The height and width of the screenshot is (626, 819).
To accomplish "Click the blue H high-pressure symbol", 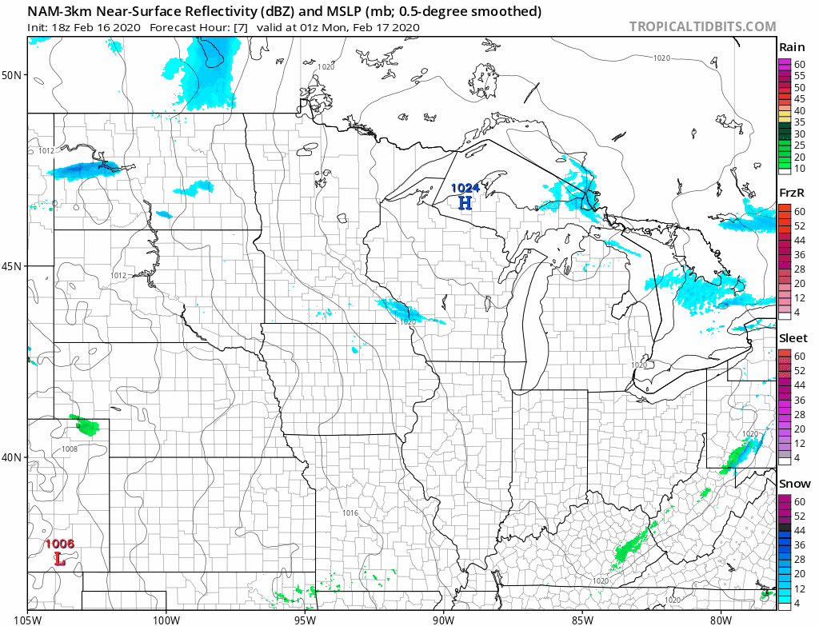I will [465, 202].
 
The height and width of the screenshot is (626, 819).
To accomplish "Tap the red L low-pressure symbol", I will [59, 558].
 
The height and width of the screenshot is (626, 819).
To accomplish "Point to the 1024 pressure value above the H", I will [465, 188].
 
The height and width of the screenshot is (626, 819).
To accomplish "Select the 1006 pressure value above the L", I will [60, 544].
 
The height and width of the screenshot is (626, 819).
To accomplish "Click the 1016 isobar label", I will [350, 512].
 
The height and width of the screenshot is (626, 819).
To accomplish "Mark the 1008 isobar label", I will [70, 449].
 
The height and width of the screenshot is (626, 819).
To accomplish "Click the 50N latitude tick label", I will [13, 75].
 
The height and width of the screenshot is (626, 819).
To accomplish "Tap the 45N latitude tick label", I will [13, 266].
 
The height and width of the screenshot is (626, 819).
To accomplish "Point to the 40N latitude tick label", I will [13, 457].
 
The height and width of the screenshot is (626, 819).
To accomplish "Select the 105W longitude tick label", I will [28, 617].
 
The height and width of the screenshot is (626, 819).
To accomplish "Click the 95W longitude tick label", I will [305, 617].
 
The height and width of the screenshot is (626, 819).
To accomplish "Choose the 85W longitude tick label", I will [582, 617].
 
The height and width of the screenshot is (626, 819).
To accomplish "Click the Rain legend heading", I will [793, 47].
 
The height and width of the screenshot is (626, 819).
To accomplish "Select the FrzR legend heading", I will [793, 193].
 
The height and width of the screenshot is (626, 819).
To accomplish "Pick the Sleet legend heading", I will [793, 338].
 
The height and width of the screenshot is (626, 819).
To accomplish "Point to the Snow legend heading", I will [794, 484].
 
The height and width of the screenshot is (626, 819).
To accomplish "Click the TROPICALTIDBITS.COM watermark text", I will [702, 26].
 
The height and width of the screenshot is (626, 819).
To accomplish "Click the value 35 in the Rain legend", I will [799, 122].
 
